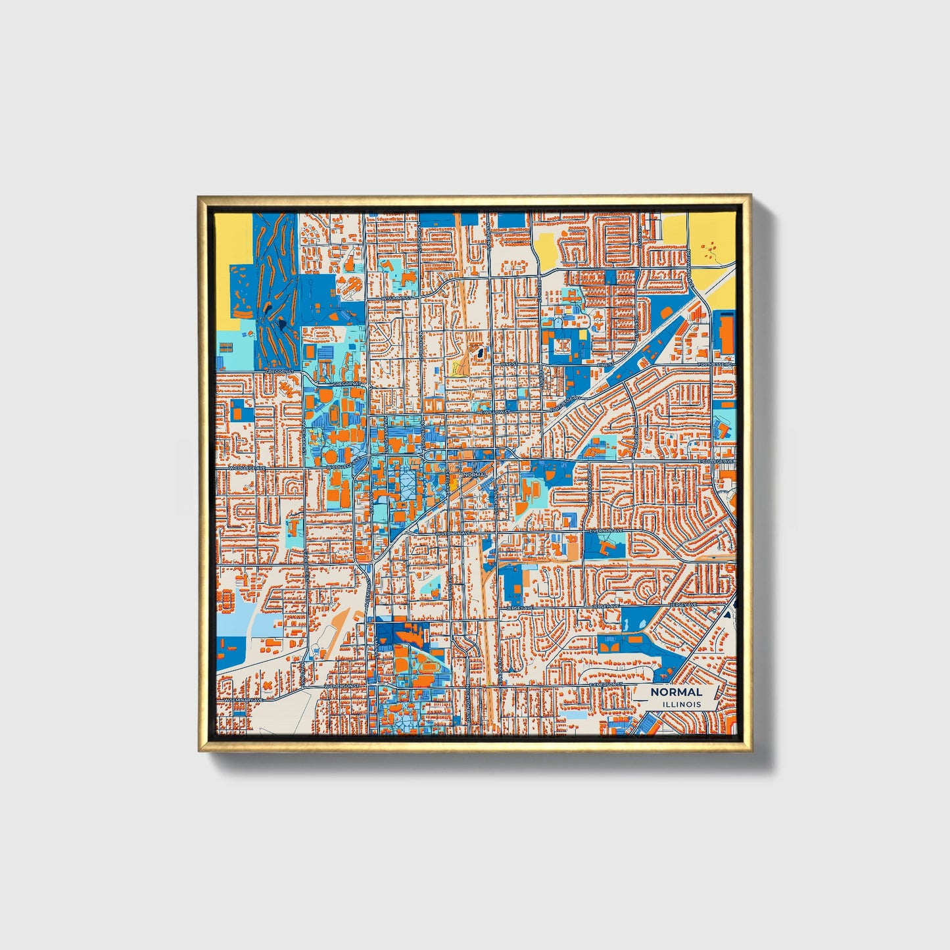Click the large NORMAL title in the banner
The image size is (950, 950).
676,692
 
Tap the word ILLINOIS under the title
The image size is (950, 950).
681,705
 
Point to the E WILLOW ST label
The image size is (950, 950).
494,412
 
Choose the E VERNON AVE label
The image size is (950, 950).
603,529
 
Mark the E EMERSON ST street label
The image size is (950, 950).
605,684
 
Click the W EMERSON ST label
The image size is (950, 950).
343,686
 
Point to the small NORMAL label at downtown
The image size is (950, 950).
475,474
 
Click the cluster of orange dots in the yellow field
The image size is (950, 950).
709,250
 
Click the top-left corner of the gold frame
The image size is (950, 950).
199,196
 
